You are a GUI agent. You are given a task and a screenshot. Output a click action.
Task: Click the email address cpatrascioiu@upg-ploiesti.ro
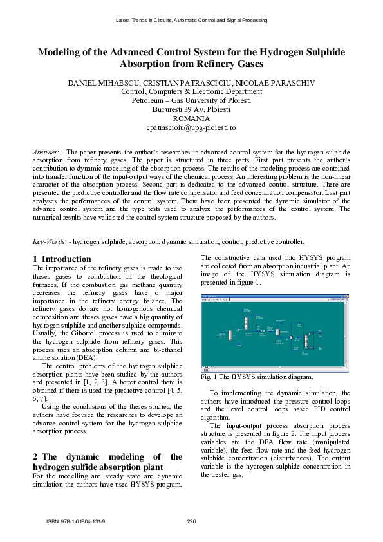(x=191, y=128)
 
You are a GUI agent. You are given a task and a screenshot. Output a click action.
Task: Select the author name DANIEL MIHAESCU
(x=104, y=84)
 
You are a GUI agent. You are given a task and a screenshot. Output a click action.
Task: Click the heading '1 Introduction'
(x=62, y=259)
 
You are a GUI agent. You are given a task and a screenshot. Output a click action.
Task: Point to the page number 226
(x=191, y=521)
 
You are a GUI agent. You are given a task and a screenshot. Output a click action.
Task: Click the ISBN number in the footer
(x=76, y=521)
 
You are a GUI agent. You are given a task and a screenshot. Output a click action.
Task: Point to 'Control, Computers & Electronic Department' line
(x=191, y=92)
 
